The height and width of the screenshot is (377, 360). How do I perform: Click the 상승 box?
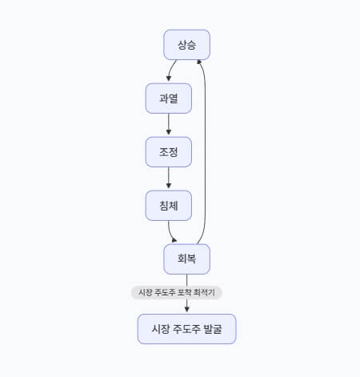[x=186, y=45]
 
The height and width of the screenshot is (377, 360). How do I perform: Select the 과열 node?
[x=169, y=98]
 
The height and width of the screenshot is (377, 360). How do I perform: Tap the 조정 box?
[x=169, y=152]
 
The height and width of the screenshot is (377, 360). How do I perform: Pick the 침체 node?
[x=169, y=206]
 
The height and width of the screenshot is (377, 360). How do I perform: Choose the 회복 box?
[x=186, y=259]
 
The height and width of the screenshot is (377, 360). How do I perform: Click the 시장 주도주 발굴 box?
[x=187, y=329]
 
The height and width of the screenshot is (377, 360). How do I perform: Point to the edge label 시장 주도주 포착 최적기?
[x=177, y=292]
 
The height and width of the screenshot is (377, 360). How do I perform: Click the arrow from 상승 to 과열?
[x=170, y=70]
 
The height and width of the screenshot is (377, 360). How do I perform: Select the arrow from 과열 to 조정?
[x=169, y=124]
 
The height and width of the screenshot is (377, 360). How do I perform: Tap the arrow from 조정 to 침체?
[x=169, y=178]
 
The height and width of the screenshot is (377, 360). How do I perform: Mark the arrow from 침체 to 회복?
[x=170, y=233]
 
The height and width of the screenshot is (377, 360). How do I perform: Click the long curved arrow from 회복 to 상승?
[x=205, y=152]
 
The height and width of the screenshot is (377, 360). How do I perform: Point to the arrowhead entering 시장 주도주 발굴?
[x=186, y=309]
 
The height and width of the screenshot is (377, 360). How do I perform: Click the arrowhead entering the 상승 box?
[x=199, y=62]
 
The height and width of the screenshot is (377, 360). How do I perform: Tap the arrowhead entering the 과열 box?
[x=169, y=78]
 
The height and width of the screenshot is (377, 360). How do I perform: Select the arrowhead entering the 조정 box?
[x=169, y=132]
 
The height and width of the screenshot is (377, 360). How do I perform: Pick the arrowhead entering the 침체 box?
[x=169, y=186]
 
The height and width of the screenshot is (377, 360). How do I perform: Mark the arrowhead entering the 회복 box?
[x=174, y=240]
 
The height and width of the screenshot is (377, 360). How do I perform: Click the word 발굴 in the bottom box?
[x=213, y=329]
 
